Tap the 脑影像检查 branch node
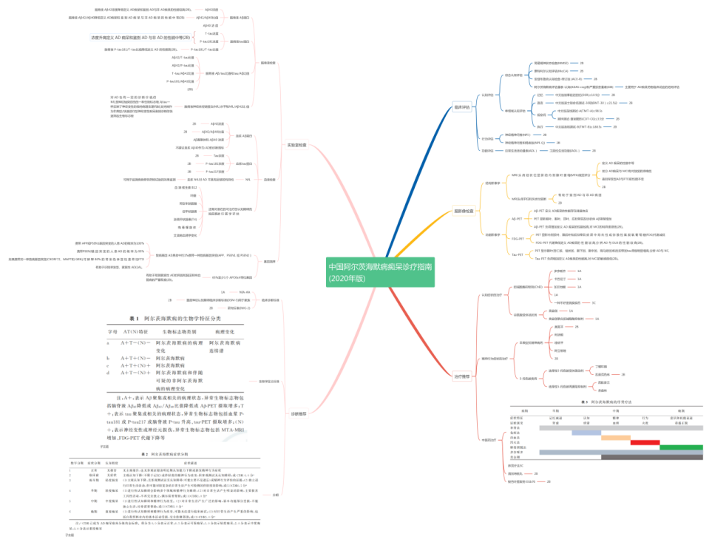click(464, 211)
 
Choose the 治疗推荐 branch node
click(461, 376)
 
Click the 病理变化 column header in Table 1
click(223, 331)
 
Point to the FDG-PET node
click(518, 239)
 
